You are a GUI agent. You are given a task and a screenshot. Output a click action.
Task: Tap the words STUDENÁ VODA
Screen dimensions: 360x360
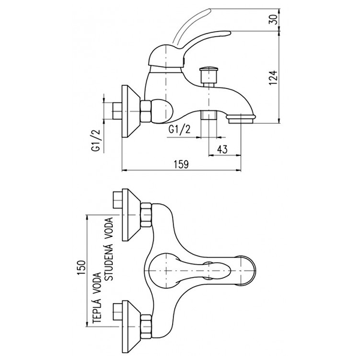pyautogui.click(x=109, y=248)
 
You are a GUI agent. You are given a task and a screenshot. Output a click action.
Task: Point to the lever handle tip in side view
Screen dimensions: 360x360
pyautogui.click(x=207, y=10)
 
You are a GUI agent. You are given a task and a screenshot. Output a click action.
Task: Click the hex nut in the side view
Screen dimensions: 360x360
pyautogui.click(x=146, y=111)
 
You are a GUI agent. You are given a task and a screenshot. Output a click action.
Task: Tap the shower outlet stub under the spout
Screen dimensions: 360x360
pyautogui.click(x=208, y=116)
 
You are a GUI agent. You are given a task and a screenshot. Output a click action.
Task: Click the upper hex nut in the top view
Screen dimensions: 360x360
pyautogui.click(x=148, y=215)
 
